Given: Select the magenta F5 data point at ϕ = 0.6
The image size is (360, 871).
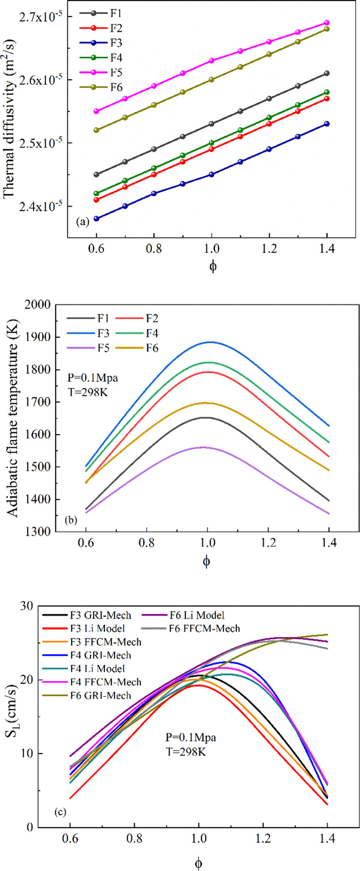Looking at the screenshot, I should [96, 111].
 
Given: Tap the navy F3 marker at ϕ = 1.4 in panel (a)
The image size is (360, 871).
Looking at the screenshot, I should [327, 124].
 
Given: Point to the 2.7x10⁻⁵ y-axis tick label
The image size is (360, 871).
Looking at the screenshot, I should [42, 17].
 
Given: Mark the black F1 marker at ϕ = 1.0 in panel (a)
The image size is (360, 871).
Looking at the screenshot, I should [211, 124].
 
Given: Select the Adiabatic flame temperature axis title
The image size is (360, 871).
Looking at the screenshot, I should [13, 418].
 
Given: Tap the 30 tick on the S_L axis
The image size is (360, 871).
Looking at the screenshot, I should [28, 606].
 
